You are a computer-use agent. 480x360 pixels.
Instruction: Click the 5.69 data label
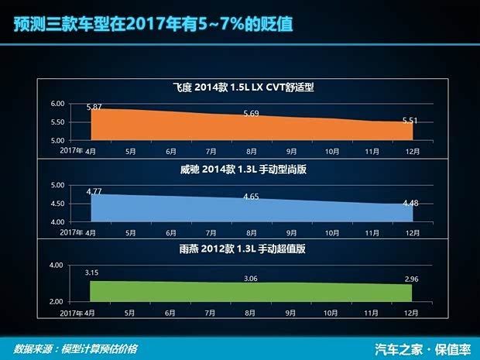(x=251, y=113)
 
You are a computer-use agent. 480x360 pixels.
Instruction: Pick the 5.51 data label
(x=410, y=120)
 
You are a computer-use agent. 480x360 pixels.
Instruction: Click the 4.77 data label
(x=94, y=190)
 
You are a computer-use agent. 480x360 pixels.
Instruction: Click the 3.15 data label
(x=94, y=272)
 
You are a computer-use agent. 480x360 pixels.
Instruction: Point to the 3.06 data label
(x=251, y=278)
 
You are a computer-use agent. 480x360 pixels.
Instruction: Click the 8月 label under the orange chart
(x=251, y=151)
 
